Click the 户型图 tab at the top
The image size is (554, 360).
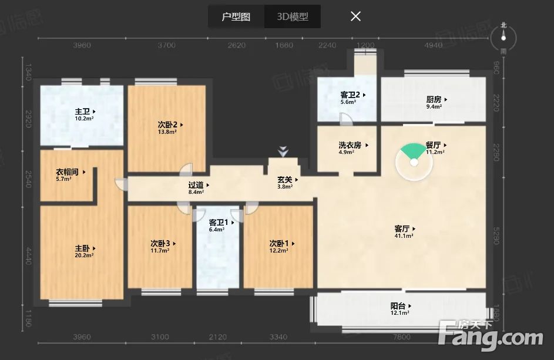(x=236, y=16)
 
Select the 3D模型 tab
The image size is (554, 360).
(x=293, y=16)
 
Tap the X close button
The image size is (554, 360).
(x=355, y=16)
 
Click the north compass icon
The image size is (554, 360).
(x=503, y=38)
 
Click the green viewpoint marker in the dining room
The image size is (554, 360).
(x=414, y=154)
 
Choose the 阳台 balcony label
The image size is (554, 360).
(x=400, y=306)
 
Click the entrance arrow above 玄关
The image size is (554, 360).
(x=283, y=152)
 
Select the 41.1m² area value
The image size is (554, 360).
(x=404, y=235)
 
